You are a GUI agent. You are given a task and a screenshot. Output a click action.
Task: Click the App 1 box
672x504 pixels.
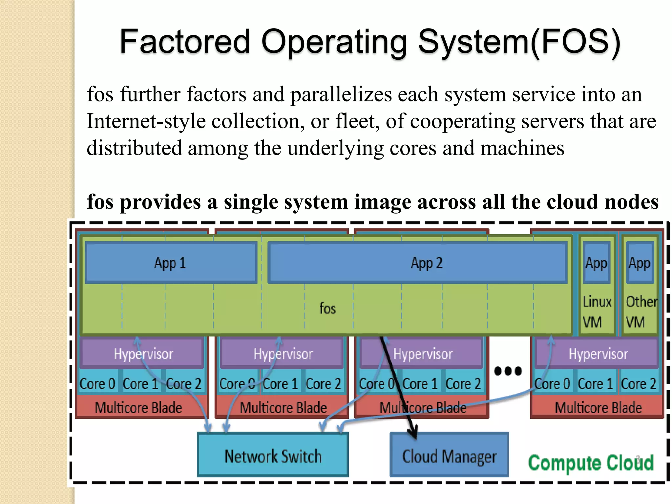click(171, 263)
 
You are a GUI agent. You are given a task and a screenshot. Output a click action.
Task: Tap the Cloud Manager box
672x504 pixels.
click(449, 456)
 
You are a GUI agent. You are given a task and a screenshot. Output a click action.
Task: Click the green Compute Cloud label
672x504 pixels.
click(591, 463)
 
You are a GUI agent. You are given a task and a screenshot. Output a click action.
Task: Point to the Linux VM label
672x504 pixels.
click(597, 311)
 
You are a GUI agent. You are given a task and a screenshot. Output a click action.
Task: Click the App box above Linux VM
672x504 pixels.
click(597, 263)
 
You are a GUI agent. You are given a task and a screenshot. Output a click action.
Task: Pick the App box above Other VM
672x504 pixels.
click(640, 263)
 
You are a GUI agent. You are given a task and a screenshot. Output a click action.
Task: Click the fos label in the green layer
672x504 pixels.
click(327, 308)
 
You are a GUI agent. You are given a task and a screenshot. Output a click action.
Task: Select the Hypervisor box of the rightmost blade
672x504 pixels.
click(598, 354)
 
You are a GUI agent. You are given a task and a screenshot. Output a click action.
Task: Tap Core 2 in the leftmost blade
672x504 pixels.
click(184, 383)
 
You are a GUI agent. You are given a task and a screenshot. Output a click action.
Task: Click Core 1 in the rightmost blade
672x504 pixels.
click(595, 383)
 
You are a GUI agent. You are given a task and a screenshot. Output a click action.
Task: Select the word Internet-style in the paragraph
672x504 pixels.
click(146, 121)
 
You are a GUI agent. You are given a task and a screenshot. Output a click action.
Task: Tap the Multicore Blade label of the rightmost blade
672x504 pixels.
click(598, 408)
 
